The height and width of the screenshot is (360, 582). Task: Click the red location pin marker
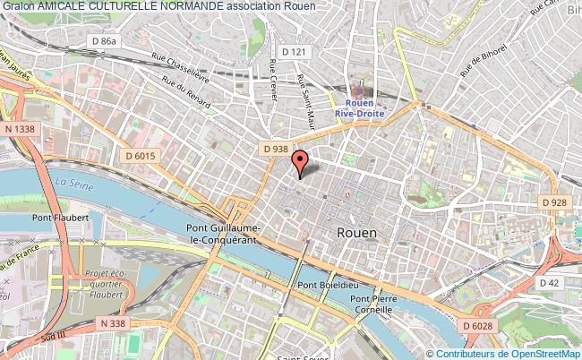pos(300,162)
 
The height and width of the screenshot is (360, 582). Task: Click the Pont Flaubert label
pos(65,217)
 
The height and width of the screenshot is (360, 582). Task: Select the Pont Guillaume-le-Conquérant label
pos(222,233)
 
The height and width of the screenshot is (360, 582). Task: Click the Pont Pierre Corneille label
pos(372,304)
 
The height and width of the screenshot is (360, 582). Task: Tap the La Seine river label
pos(74,182)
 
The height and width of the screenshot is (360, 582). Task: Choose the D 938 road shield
pos(275,149)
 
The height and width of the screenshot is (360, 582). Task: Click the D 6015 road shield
pos(141,156)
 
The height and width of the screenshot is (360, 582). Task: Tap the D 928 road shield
pos(555,202)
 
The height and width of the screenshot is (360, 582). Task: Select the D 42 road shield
pos(550,283)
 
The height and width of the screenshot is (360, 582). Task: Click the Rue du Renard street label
pos(186,92)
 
